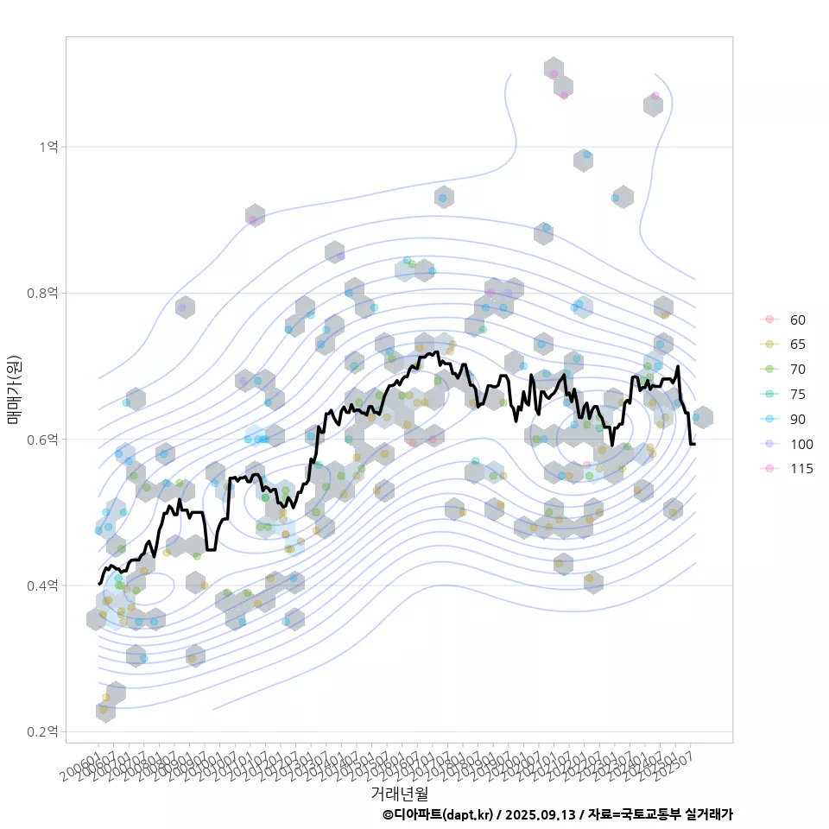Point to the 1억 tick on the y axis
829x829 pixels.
[x=48, y=147]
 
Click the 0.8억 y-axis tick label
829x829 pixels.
[x=41, y=293]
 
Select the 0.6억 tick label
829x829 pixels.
[x=41, y=440]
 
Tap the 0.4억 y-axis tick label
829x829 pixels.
[x=41, y=585]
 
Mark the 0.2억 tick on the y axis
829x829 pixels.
[x=41, y=731]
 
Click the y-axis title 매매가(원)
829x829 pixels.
[x=14, y=389]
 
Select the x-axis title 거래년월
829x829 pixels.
[x=399, y=792]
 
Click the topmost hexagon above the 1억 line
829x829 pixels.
[x=554, y=69]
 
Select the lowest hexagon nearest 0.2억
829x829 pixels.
[x=105, y=711]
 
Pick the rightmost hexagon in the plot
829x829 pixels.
[x=703, y=417]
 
